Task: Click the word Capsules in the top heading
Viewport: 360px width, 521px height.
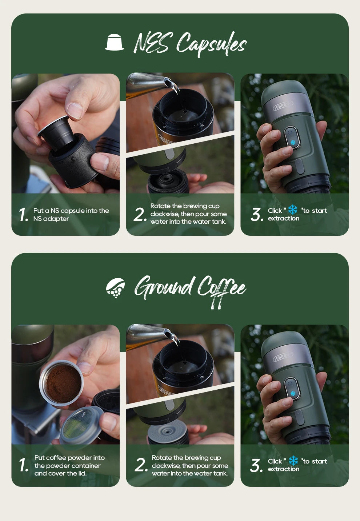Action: click(x=211, y=44)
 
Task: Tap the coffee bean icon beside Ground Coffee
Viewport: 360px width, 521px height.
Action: click(x=115, y=288)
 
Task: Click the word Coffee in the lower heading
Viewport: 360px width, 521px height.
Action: click(x=221, y=289)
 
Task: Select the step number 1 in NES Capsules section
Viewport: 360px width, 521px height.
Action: click(x=23, y=215)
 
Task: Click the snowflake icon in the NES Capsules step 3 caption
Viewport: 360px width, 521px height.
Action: click(x=293, y=210)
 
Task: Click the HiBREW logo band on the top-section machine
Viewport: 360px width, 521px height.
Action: click(x=283, y=106)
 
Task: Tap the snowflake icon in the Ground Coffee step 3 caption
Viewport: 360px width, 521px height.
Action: click(x=293, y=461)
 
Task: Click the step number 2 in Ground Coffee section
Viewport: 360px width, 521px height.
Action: click(x=140, y=465)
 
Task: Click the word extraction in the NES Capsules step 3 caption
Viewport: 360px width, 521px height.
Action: click(x=284, y=218)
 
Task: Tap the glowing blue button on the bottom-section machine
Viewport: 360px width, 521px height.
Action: click(x=293, y=394)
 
